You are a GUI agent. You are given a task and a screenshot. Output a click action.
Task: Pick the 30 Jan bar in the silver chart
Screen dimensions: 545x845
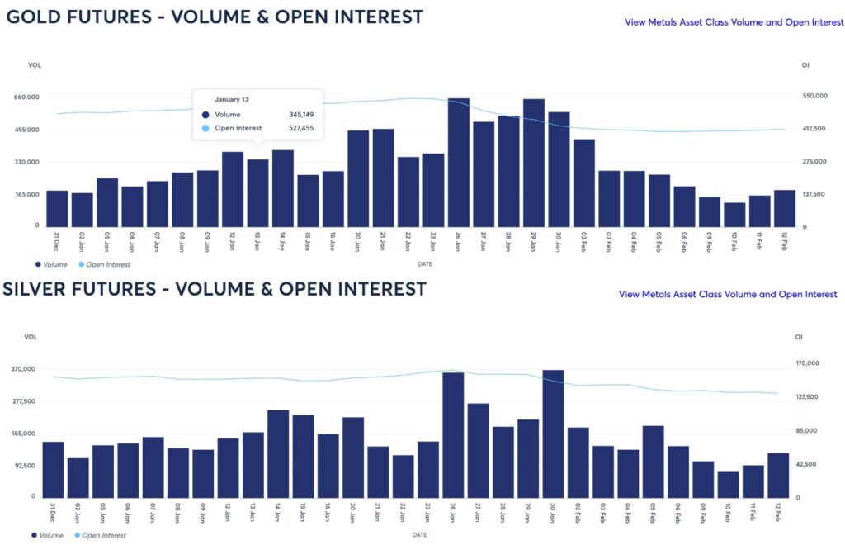click(x=553, y=434)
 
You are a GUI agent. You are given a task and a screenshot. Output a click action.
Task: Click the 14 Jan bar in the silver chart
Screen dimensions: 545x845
click(x=278, y=453)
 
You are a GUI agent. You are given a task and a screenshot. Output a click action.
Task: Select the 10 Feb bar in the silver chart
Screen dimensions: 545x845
click(x=728, y=484)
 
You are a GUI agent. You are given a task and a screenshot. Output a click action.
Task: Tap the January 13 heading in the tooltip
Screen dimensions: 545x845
click(x=232, y=99)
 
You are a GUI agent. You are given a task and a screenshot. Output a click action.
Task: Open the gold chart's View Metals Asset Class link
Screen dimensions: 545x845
click(x=734, y=22)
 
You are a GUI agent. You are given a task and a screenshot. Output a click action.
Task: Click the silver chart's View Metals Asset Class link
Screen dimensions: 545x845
click(x=727, y=294)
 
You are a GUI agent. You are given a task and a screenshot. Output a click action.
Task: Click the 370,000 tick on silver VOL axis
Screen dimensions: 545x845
click(x=23, y=369)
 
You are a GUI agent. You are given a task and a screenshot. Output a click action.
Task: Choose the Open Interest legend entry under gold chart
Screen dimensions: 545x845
click(x=105, y=264)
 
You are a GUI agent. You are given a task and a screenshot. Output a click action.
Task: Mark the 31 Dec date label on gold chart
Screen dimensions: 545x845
click(x=56, y=241)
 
